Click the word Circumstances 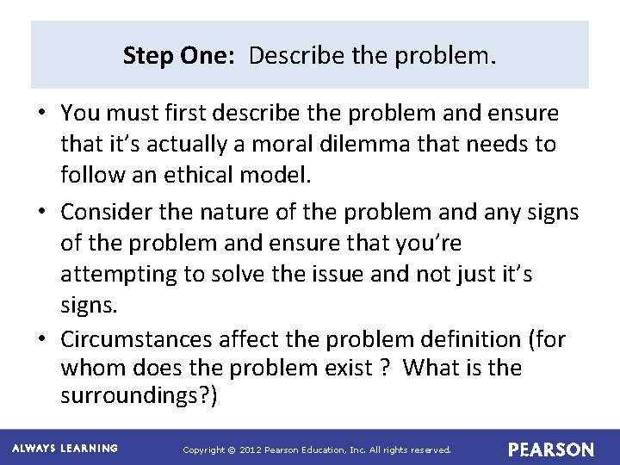click(140, 340)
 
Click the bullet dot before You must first click(42, 114)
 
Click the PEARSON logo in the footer click(550, 449)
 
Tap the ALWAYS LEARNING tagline click(65, 449)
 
